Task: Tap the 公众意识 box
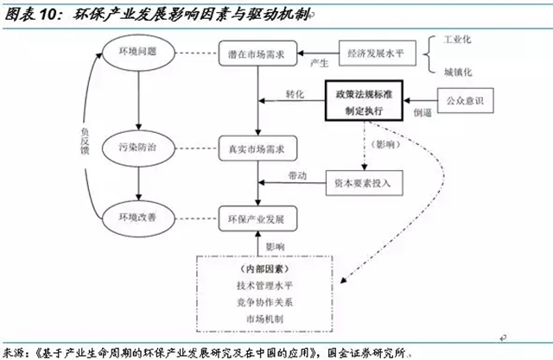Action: (465, 102)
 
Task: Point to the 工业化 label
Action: (458, 41)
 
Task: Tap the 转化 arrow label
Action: (295, 93)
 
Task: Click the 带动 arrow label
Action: (295, 176)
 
